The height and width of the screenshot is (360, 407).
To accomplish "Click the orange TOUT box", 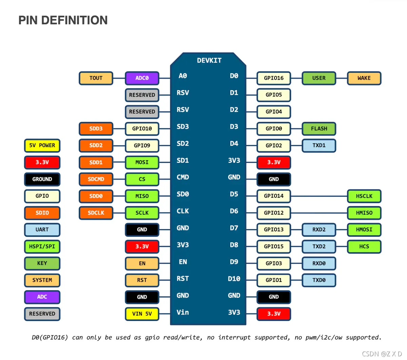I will pos(96,78).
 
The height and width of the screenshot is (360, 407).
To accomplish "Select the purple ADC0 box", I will pos(142,78).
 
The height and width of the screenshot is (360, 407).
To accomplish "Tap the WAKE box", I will pos(364,78).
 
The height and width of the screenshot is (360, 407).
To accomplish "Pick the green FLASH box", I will pos(319,129).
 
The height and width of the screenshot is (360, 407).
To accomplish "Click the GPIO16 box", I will pos(274,78).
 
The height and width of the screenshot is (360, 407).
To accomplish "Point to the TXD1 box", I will pos(319,146).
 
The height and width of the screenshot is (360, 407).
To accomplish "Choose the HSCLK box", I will pos(364,196).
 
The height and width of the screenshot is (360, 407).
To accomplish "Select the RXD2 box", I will pos(319,230).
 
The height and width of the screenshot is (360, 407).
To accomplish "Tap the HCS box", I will pos(364,247).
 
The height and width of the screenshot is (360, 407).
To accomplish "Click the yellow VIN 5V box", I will pos(142,314).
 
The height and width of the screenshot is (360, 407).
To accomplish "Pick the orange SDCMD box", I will pos(96,179).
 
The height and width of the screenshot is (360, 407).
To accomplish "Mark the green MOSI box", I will pos(142,162).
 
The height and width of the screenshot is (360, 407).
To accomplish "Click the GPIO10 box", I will pos(142,129).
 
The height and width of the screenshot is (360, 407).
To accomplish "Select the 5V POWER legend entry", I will pos(42,146).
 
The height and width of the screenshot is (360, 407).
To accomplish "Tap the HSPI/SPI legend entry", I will pos(42,247).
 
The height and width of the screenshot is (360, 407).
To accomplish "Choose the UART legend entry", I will pos(42,230).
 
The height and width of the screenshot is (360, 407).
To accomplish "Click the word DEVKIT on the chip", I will pos(209,60).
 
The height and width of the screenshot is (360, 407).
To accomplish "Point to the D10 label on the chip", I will pos(234,279).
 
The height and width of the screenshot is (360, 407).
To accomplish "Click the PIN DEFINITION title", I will pos(63,20).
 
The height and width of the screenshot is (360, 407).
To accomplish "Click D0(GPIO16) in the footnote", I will pos(50,338).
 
